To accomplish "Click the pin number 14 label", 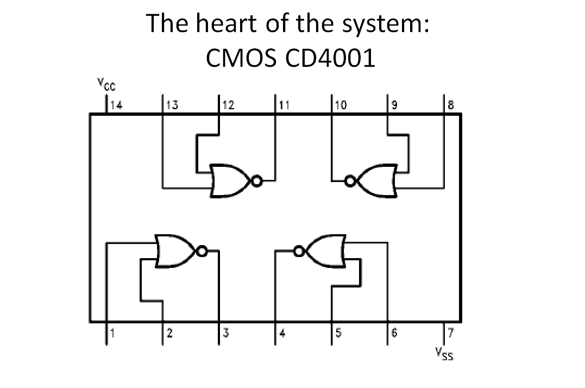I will [116, 105].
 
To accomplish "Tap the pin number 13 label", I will [172, 105].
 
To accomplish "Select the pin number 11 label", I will [284, 105].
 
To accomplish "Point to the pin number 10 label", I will [340, 105].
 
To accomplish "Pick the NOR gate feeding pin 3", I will [175, 251].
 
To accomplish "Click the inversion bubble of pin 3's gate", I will [202, 251].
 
